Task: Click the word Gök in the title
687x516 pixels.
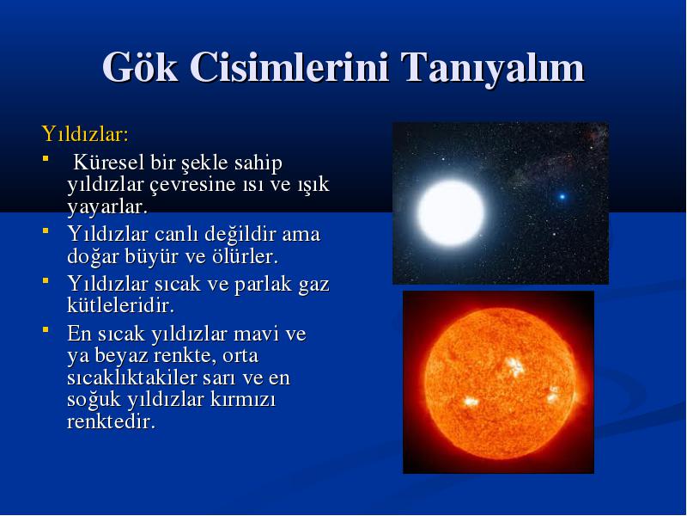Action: [x=140, y=67]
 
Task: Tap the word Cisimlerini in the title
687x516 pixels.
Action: [x=289, y=67]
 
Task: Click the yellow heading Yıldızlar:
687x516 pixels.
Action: [x=85, y=134]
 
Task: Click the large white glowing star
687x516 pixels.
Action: [x=450, y=212]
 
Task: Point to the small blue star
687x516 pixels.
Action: [x=562, y=197]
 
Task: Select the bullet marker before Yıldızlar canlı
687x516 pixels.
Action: [x=46, y=230]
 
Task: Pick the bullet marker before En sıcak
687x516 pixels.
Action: [x=46, y=329]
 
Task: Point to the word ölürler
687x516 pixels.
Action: [x=245, y=256]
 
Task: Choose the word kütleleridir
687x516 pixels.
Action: [x=120, y=305]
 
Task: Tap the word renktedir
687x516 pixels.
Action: [x=112, y=421]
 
